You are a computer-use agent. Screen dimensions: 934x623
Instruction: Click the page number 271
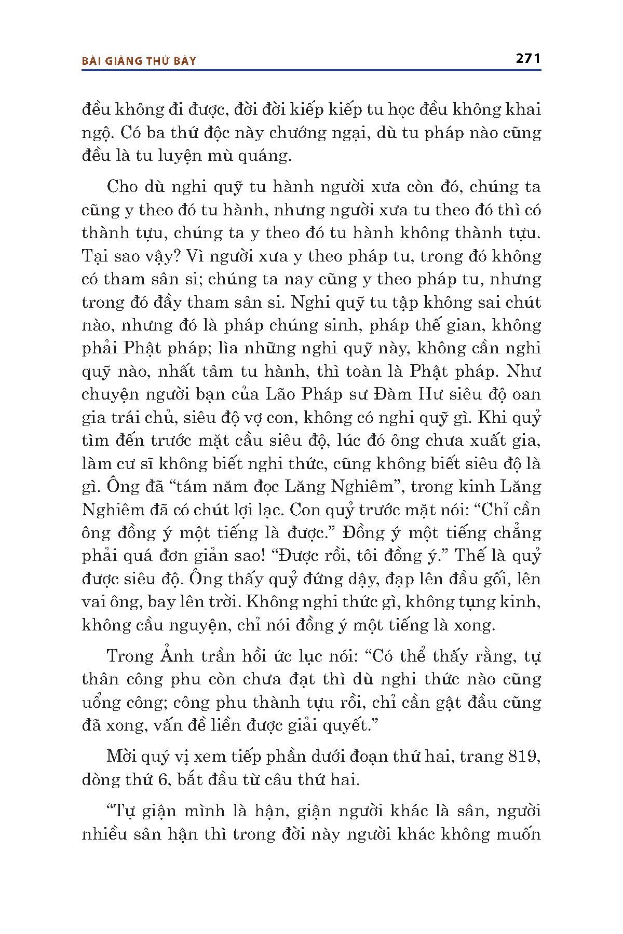pos(528,59)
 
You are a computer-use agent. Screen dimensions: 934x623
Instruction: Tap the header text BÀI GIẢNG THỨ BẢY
pos(139,61)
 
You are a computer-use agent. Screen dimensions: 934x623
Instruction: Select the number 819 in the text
pos(520,757)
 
